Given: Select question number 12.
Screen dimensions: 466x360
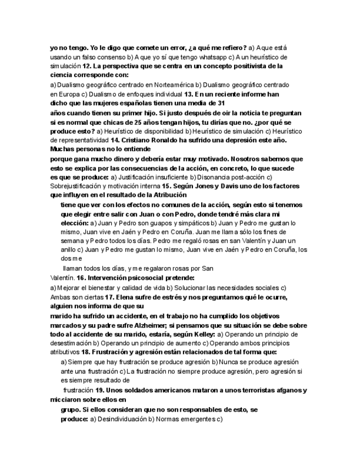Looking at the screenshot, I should (x=79, y=66).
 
